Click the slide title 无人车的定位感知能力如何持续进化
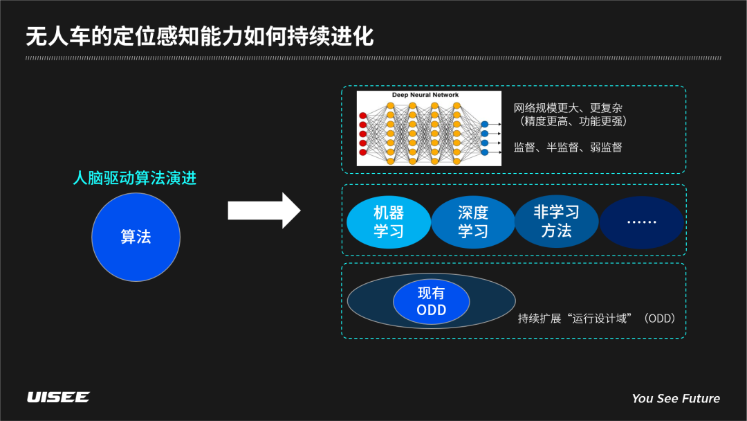[200, 37]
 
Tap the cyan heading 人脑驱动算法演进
[135, 179]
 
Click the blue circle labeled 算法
[136, 237]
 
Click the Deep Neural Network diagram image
[429, 129]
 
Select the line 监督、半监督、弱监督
[567, 147]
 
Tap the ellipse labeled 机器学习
[388, 222]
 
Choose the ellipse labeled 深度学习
[472, 222]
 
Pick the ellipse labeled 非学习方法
[556, 222]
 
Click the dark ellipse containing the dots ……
[641, 222]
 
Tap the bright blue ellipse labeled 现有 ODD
[432, 301]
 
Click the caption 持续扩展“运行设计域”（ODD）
[596, 319]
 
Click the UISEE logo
[58, 397]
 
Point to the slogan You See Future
[675, 398]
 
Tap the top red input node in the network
[362, 116]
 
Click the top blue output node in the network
[484, 124]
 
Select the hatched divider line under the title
[373, 58]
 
